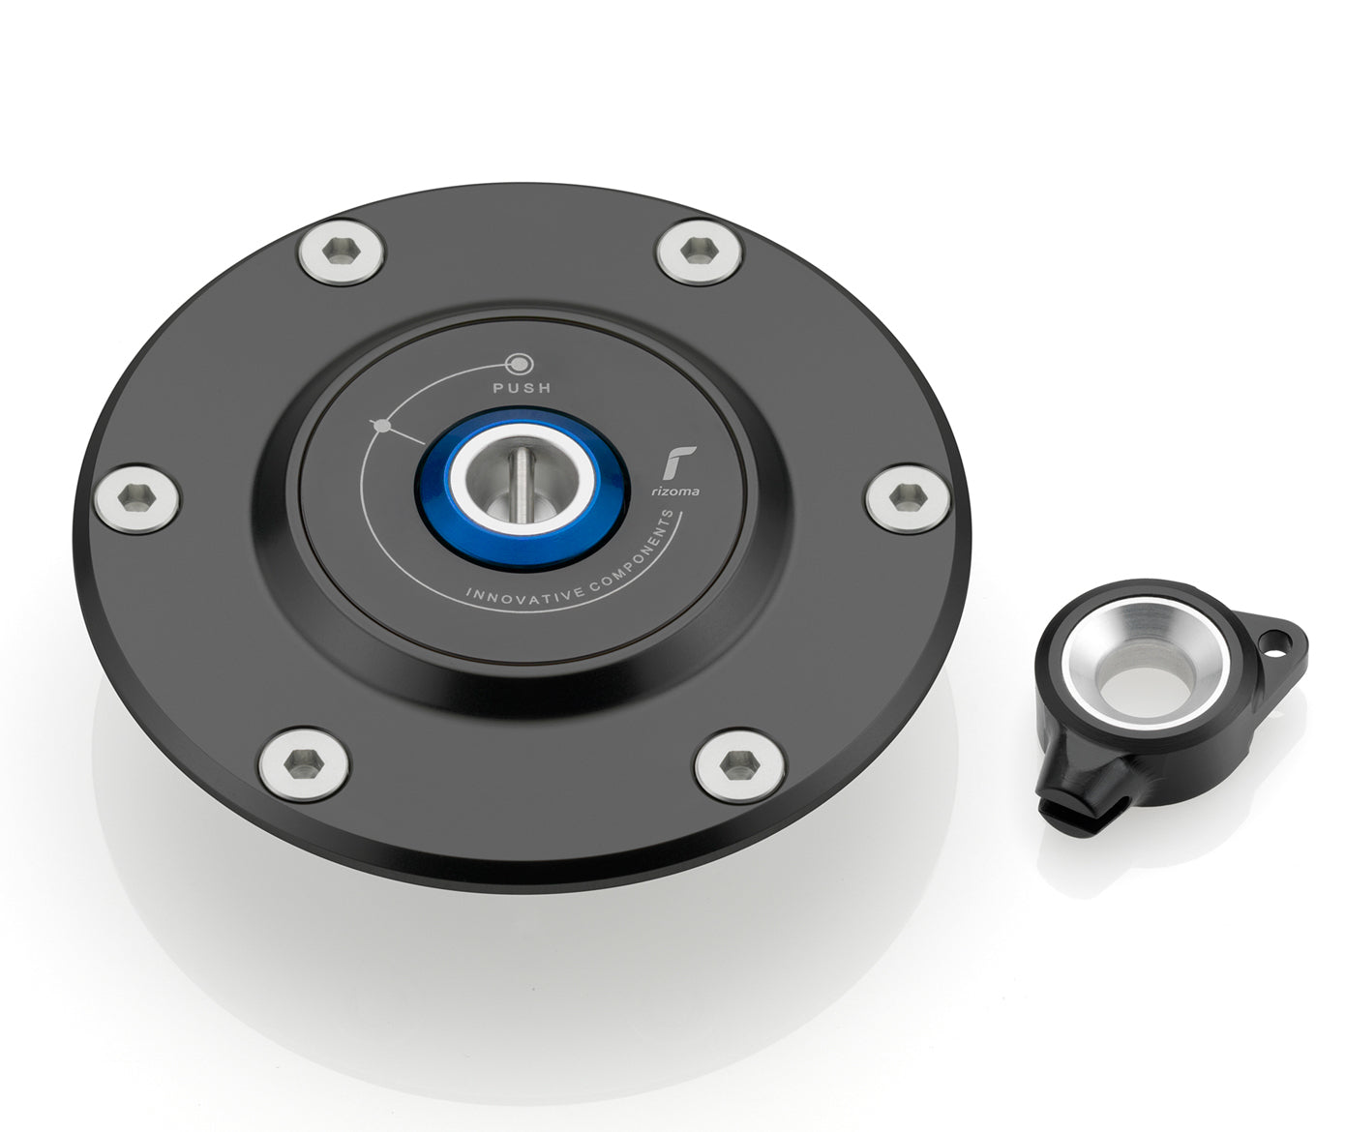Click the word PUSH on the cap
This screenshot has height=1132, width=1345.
click(x=522, y=388)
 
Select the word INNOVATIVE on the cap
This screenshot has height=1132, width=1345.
click(x=525, y=593)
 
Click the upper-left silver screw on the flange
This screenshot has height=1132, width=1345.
click(x=342, y=252)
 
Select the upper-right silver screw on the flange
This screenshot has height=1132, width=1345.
click(x=699, y=252)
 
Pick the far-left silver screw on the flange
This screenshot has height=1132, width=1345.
click(x=136, y=498)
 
